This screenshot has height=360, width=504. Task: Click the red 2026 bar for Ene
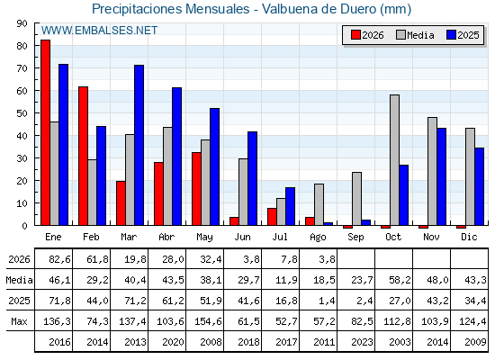tap(45, 132)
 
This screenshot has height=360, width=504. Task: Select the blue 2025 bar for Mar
tap(139, 145)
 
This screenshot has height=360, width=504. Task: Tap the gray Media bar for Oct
tap(394, 160)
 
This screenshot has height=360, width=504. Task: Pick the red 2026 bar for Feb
tap(83, 156)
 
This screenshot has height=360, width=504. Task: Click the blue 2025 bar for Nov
tap(441, 176)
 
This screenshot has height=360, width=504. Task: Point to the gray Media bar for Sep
tap(356, 199)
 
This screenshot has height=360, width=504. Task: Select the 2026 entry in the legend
tap(367, 35)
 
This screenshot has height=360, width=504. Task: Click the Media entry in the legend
tap(415, 35)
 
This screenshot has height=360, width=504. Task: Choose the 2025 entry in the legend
tap(463, 35)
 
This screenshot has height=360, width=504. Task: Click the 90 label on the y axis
tap(22, 23)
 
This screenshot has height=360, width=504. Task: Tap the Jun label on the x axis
tap(242, 237)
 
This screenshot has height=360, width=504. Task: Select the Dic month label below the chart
tap(469, 237)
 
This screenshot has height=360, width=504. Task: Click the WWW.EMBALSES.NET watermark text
tap(99, 31)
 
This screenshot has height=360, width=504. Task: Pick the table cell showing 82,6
tap(59, 259)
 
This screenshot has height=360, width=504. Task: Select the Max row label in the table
tap(19, 321)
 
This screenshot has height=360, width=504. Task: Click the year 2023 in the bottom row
tap(362, 342)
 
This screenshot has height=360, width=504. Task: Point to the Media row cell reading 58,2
tap(400, 280)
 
